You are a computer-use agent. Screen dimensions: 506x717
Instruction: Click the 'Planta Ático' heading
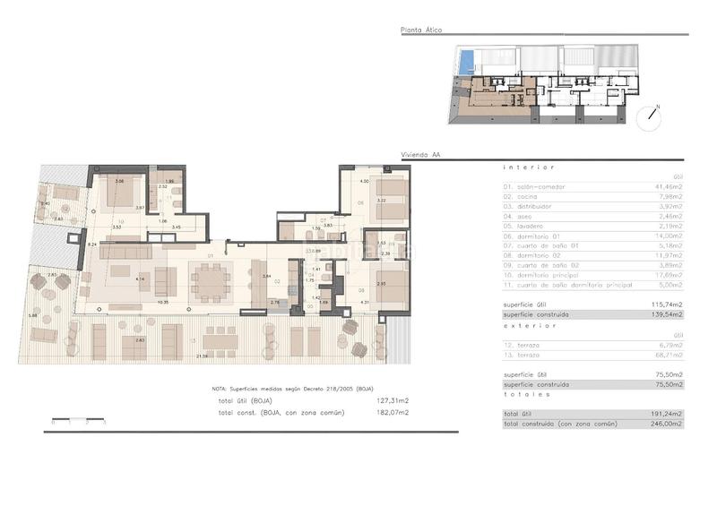coord(421,30)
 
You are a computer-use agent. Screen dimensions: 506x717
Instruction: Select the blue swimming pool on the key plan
coord(464,63)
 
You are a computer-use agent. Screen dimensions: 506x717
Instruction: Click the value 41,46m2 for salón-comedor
coord(669,187)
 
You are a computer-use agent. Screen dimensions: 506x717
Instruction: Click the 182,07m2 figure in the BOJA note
coord(394,412)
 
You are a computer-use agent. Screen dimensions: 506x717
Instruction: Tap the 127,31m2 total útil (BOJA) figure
coord(394,401)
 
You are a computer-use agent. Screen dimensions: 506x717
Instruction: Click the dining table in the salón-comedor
coord(212,282)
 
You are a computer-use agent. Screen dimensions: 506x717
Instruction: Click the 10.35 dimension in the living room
coord(163,302)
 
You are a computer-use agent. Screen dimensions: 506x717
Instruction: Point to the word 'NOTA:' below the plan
coord(220,390)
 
